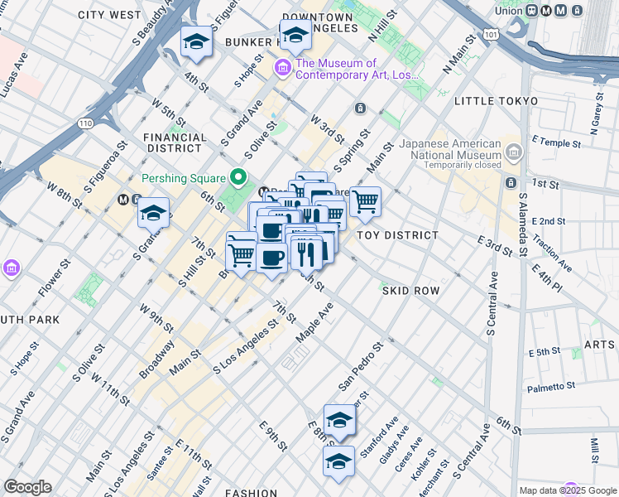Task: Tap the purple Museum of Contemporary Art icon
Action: click(283, 67)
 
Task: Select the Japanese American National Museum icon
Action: click(513, 152)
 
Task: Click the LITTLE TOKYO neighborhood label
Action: click(496, 101)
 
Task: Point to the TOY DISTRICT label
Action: click(397, 235)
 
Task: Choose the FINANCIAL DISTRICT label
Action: click(175, 142)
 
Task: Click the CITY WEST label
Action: click(109, 15)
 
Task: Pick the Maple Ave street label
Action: click(314, 321)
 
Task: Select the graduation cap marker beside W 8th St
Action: click(153, 214)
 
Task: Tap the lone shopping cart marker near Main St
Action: click(365, 201)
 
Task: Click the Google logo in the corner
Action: click(27, 487)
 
